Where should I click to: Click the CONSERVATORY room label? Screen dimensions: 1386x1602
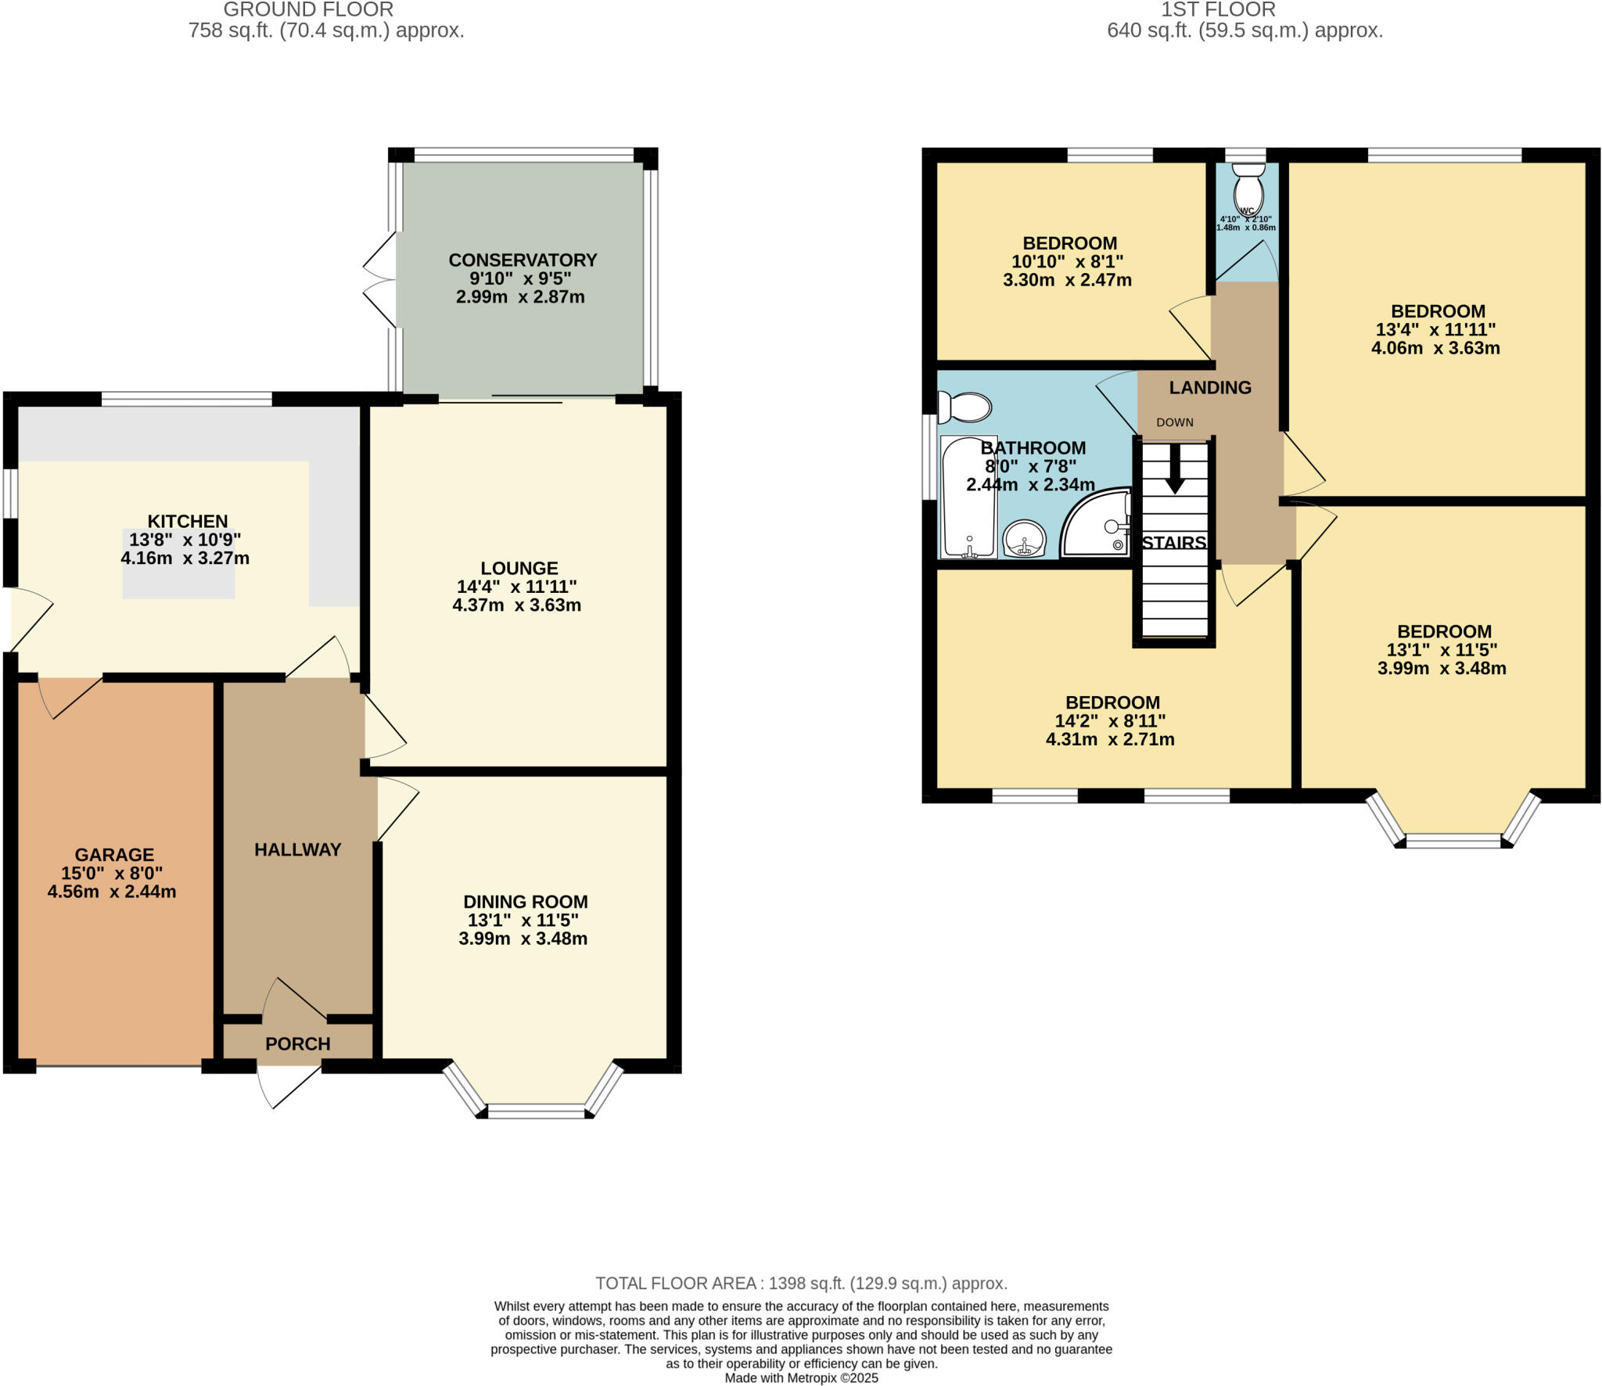(x=523, y=260)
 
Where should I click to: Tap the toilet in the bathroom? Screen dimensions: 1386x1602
(x=966, y=407)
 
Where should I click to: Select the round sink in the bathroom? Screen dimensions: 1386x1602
(x=1025, y=538)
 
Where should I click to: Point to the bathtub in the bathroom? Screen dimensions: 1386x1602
(x=968, y=497)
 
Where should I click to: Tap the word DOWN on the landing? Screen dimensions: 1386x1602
(x=1175, y=422)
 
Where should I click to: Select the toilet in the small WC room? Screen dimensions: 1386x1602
(x=1248, y=186)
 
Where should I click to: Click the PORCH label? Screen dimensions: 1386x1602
(x=297, y=1043)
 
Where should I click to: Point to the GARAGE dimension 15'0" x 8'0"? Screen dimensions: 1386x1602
(x=112, y=873)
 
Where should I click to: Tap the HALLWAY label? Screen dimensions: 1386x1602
(x=297, y=849)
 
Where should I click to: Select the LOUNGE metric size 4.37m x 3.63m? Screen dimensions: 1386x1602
(x=516, y=605)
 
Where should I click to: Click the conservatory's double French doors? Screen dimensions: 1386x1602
(x=381, y=279)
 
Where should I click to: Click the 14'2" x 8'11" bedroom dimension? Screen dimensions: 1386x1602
(x=1110, y=720)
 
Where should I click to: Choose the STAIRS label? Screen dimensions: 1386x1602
(x=1173, y=543)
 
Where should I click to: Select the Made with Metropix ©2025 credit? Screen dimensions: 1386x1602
(x=801, y=1377)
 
